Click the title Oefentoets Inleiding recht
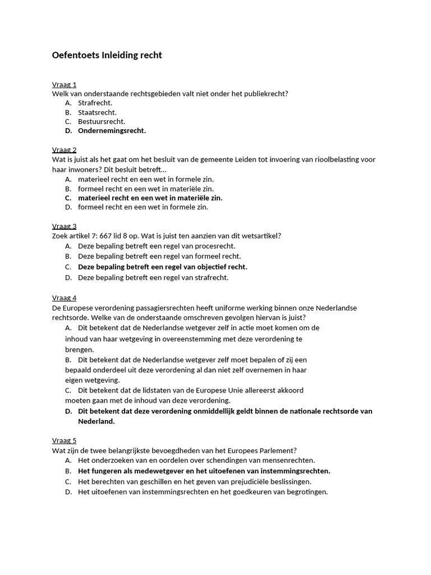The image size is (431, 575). click(x=107, y=55)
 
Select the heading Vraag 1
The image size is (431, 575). click(x=64, y=85)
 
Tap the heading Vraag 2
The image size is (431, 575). click(x=64, y=150)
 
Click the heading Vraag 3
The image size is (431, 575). click(x=64, y=226)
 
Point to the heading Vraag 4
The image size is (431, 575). click(x=64, y=298)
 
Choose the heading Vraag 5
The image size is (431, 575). click(x=64, y=441)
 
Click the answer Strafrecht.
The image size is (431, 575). click(x=95, y=103)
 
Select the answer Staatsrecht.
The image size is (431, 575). click(x=97, y=112)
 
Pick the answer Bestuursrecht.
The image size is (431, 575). click(x=102, y=121)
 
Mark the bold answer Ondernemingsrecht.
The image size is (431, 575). click(x=112, y=131)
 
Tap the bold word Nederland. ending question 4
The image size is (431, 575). click(x=96, y=421)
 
